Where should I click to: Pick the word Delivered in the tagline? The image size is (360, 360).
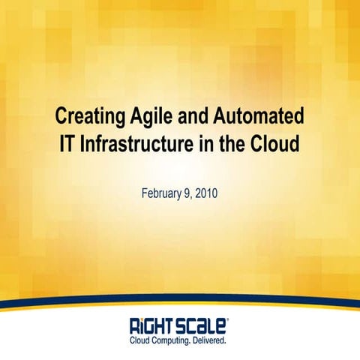click(x=213, y=340)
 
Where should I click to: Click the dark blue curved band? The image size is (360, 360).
click(x=180, y=298)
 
